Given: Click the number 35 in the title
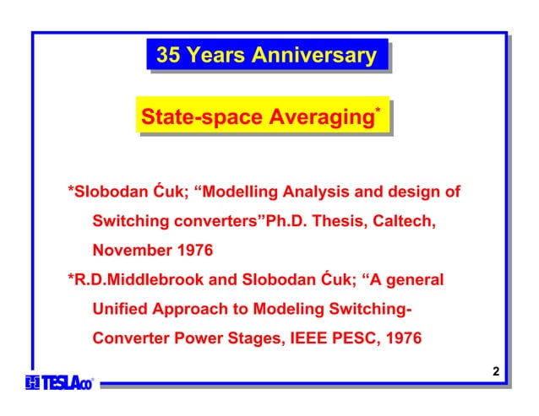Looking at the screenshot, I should tap(169, 57).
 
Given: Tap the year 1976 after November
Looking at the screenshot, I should tap(194, 251).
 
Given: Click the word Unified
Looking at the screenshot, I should tap(120, 309).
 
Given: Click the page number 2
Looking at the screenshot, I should tap(495, 372).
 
